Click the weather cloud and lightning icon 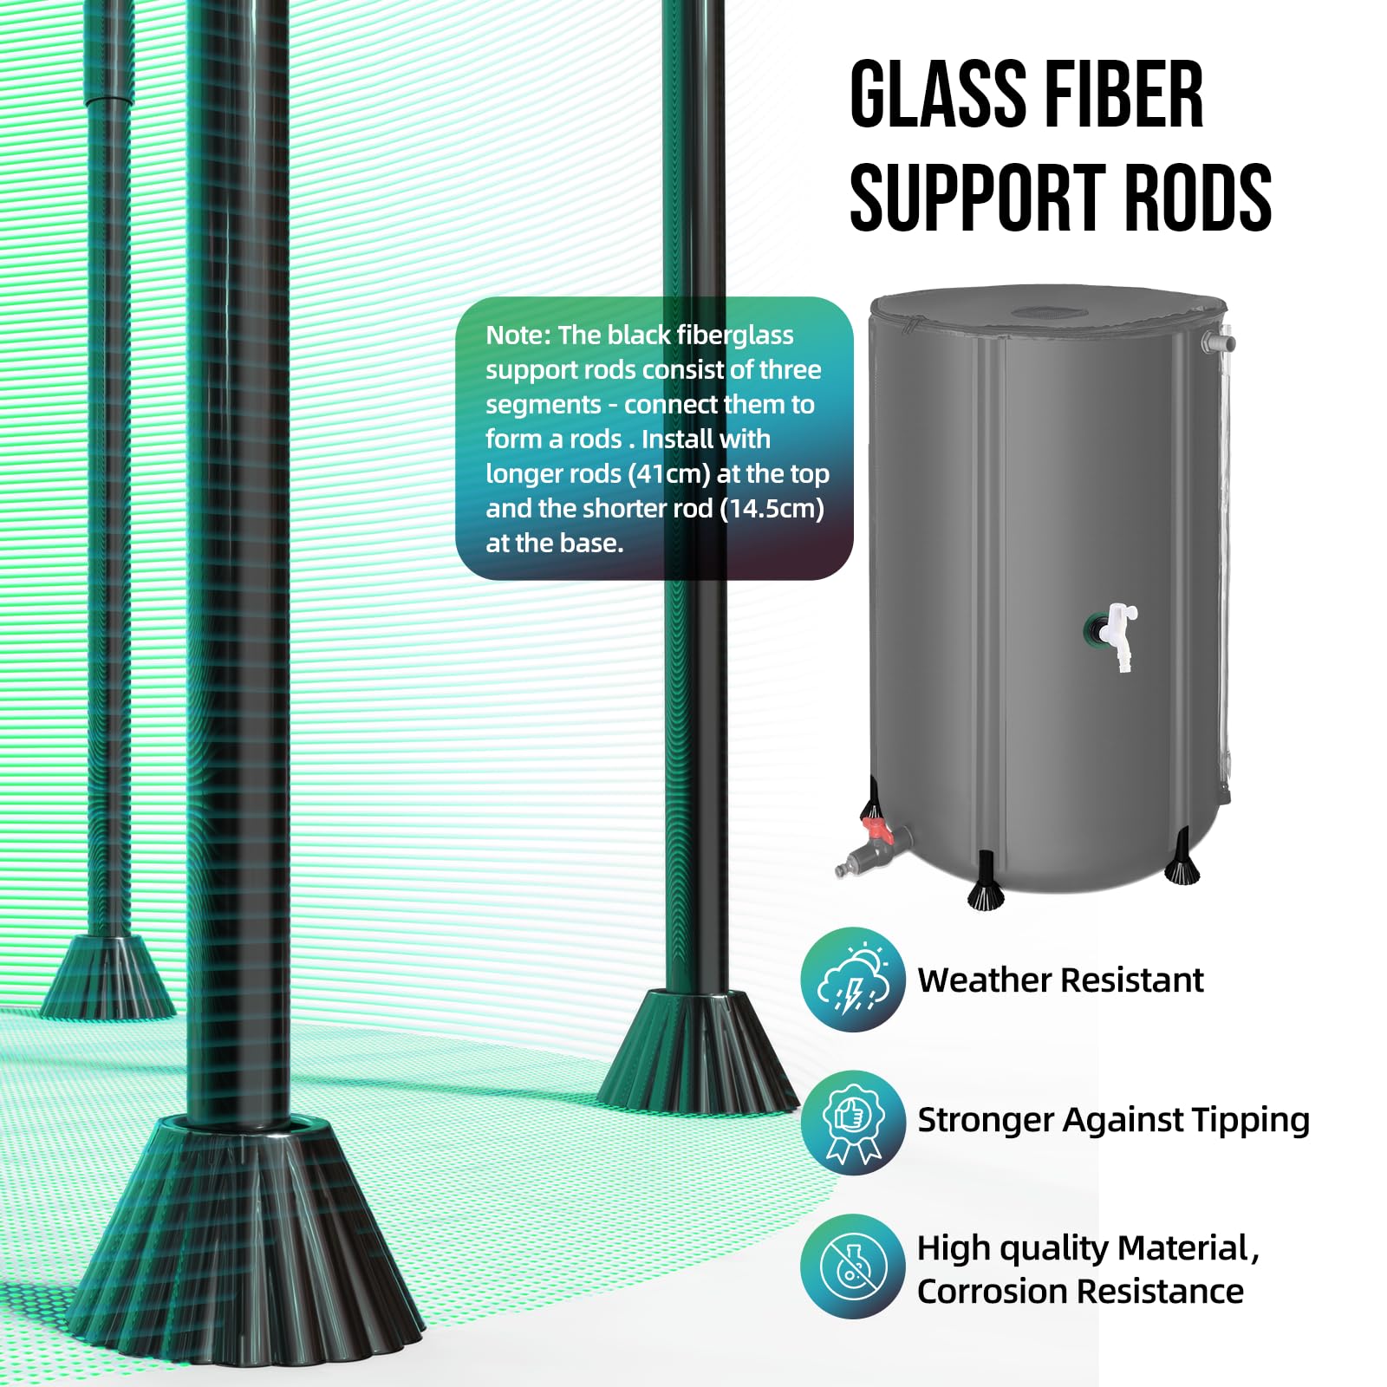(x=853, y=980)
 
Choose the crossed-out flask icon (x=853, y=1266)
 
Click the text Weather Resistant (x=1060, y=980)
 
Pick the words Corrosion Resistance (x=1080, y=1292)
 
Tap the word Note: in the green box (x=518, y=335)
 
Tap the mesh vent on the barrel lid (x=1040, y=312)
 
